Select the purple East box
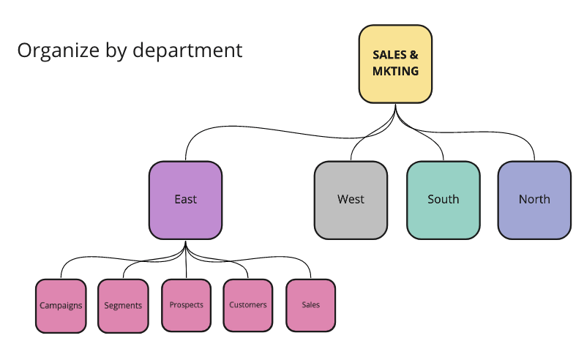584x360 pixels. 185,200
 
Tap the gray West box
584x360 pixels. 351,200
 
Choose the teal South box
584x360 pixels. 443,200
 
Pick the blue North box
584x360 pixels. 534,200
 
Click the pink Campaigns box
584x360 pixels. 61,305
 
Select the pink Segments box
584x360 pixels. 123,305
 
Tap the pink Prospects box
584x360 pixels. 186,305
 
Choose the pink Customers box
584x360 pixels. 248,305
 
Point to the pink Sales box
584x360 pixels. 311,305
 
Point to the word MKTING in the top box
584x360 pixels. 395,71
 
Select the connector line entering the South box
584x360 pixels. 442,151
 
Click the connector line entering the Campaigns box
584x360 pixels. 61,271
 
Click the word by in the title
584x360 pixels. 111,50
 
